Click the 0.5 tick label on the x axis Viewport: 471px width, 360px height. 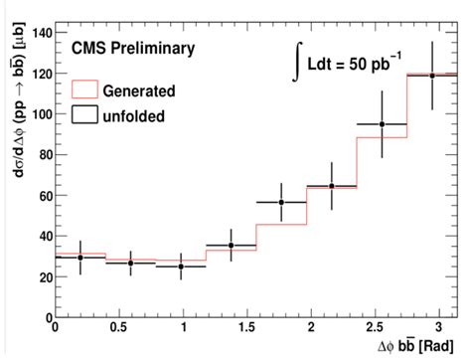point(118,328)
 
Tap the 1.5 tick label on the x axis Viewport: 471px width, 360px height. point(246,328)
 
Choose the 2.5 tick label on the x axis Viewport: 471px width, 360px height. point(375,328)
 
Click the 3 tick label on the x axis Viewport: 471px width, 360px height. point(439,328)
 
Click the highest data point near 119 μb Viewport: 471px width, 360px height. point(431,76)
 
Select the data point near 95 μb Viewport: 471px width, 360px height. point(383,124)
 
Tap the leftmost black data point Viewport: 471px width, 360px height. point(79,258)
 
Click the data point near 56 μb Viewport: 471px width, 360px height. point(281,203)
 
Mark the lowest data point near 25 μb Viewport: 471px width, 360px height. point(181,267)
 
